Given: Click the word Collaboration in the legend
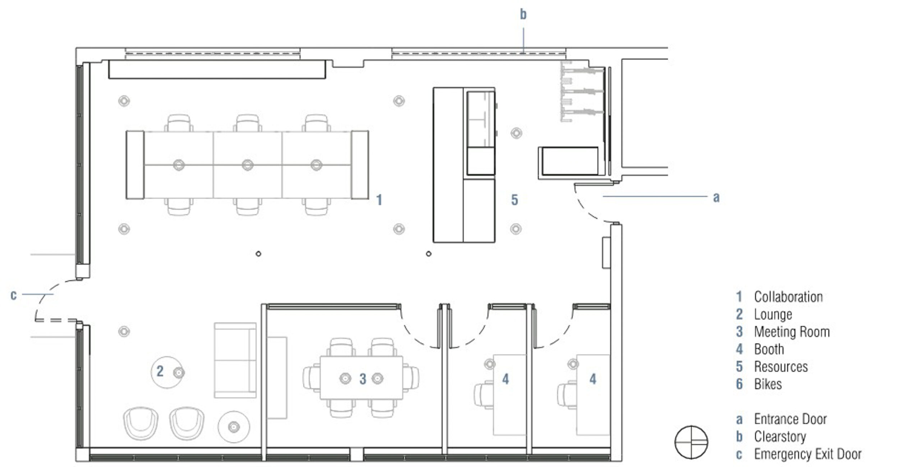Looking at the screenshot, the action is pos(788,297).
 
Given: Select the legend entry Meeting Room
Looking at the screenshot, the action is pos(792,332).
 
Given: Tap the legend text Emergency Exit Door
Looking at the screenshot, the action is pos(808,454).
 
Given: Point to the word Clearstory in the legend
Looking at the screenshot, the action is pos(780,436).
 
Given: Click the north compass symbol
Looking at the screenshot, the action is pos(691,442).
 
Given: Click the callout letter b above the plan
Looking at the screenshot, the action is pos(523,14).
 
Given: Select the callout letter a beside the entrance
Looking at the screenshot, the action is pos(716,197).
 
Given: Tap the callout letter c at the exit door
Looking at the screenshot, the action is pos(14,295).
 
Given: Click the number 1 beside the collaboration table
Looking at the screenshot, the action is pos(379,200).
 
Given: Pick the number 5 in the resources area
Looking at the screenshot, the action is pos(515,200).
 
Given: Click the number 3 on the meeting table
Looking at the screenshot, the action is pos(363,379).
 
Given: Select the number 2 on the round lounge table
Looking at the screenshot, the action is pos(160,371).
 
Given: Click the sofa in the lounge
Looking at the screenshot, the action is pos(235,360).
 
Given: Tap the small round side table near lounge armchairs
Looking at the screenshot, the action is pos(234,427).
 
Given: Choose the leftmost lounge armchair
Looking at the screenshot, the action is pos(141,423).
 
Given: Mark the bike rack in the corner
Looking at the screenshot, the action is pos(582,92).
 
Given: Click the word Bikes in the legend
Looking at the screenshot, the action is pos(768,384).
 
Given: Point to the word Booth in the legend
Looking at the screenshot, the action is pos(769,349).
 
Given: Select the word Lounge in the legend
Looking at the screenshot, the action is pos(773,314).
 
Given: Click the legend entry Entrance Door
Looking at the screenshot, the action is pos(791,419).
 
